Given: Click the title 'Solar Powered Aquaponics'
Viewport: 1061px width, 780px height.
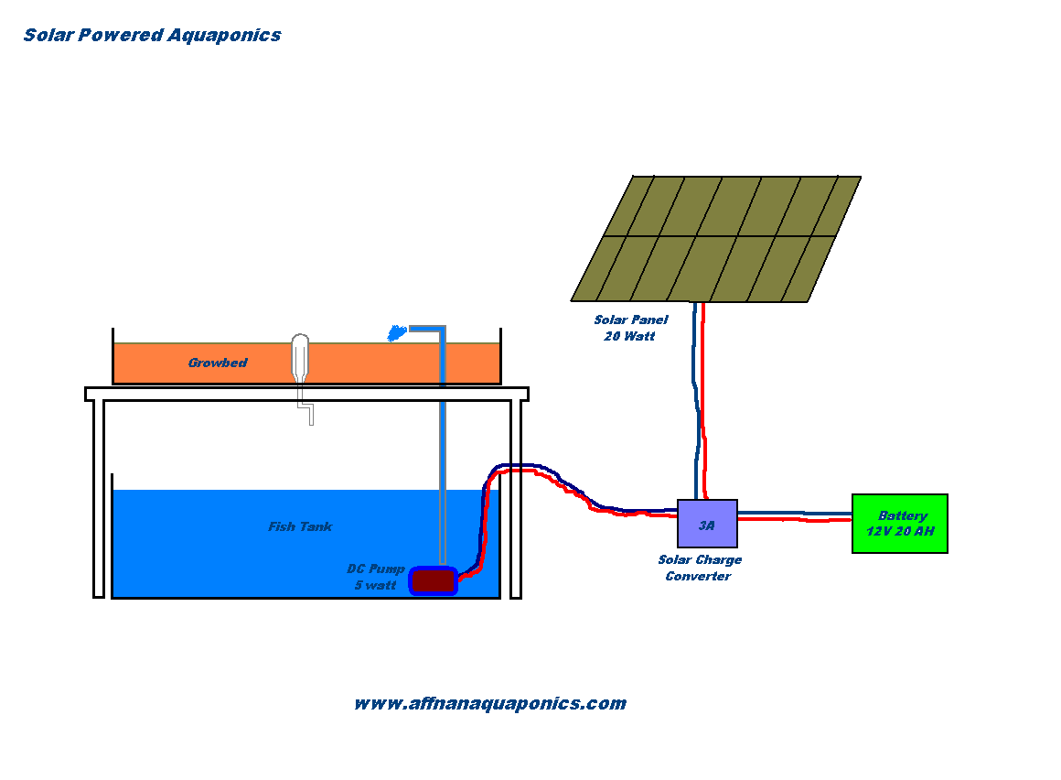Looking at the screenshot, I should [x=152, y=36].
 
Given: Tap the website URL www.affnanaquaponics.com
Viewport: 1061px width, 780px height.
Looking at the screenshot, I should [x=489, y=703].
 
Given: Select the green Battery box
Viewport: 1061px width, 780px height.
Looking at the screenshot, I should [x=899, y=524].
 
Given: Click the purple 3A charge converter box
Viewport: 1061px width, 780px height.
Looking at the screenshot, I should [x=707, y=524].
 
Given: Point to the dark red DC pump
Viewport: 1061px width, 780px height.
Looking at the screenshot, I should [x=433, y=580].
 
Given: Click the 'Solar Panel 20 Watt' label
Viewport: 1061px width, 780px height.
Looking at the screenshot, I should [x=630, y=328].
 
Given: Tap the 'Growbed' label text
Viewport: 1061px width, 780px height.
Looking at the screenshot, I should [x=218, y=363].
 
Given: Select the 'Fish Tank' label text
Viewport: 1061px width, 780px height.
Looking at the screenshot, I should [x=300, y=526].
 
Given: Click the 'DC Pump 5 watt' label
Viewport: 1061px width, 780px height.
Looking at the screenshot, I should [x=376, y=577].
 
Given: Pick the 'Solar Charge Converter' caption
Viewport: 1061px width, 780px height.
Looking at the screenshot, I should [x=700, y=568].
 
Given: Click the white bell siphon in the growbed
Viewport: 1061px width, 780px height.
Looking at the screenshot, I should [x=300, y=358].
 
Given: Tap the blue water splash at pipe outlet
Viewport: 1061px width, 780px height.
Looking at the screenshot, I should [x=397, y=333].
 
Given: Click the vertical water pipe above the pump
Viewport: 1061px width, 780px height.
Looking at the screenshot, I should [x=442, y=458].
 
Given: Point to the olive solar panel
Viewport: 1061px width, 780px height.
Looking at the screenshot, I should [x=716, y=238].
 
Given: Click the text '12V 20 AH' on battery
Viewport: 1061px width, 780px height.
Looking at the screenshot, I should [x=900, y=532].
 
